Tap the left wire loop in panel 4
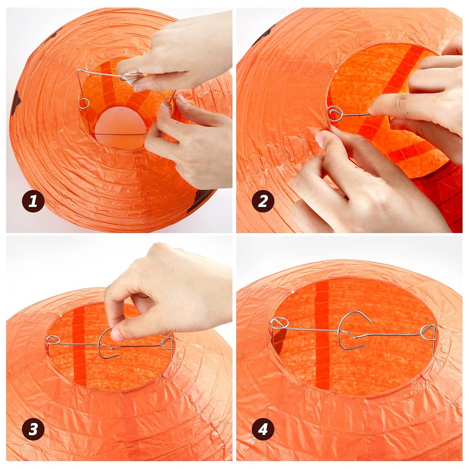pos(280,323)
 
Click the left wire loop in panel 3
pos(53,339)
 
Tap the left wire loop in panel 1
pos(84,103)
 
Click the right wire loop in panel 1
pos(169,102)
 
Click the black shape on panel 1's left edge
pos(15,103)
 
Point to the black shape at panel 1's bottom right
pos(200,200)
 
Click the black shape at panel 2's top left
pos(262,37)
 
